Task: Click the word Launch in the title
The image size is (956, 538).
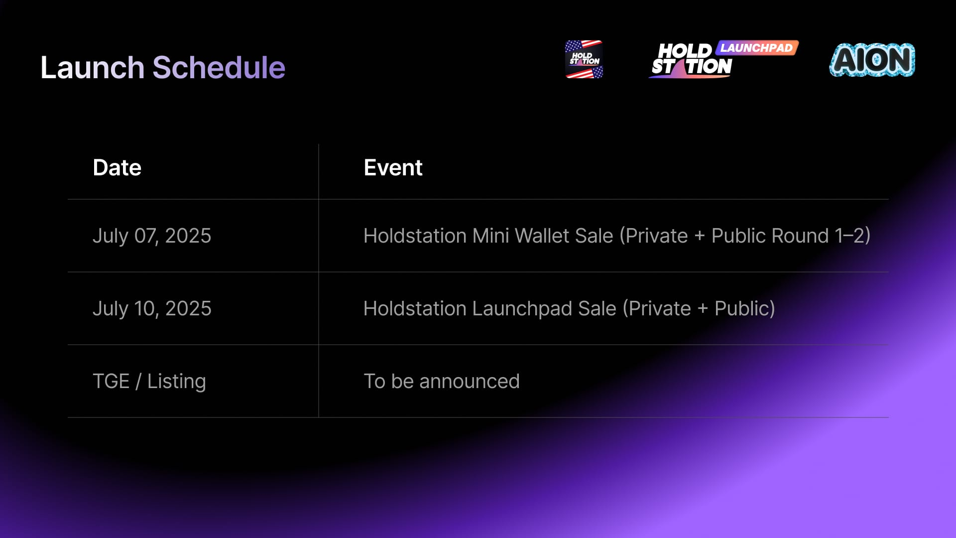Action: (92, 67)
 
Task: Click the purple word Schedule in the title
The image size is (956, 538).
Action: (219, 67)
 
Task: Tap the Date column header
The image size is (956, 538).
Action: (117, 167)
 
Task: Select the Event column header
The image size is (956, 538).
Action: (393, 167)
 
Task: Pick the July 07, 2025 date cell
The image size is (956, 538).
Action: (152, 236)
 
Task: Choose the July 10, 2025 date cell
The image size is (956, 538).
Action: (152, 309)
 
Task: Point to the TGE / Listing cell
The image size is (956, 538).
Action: (149, 382)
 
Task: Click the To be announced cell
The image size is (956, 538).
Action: (442, 382)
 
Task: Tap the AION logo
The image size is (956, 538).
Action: (872, 60)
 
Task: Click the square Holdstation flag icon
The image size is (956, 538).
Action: (584, 59)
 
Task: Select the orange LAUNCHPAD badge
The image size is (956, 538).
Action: (757, 48)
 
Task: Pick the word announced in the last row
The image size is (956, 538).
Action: (469, 382)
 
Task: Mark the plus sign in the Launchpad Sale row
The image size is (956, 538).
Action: (703, 309)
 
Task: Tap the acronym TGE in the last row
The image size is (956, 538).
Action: (111, 382)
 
